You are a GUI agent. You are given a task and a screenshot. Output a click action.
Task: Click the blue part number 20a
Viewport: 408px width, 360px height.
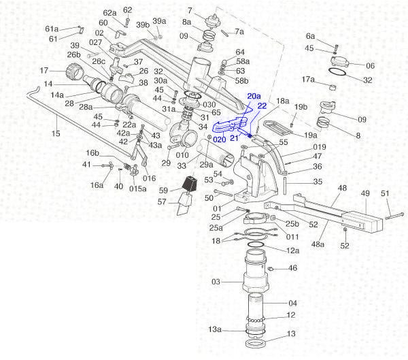[254, 97]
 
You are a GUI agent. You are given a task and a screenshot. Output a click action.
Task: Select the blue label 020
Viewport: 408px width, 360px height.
[219, 139]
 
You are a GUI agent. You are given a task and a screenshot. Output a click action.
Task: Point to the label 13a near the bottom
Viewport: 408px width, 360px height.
[215, 329]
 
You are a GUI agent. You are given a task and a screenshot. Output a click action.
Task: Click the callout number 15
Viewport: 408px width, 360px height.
[56, 133]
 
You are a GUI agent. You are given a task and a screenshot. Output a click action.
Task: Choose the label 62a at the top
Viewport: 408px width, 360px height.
[109, 13]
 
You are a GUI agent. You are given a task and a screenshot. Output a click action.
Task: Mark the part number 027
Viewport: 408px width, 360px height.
[95, 42]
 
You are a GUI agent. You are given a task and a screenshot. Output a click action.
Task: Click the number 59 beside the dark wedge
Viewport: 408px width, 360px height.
[163, 190]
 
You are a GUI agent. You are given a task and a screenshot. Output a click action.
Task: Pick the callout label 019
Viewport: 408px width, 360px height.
[301, 146]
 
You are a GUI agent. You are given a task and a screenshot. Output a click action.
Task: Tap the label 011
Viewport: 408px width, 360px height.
[292, 237]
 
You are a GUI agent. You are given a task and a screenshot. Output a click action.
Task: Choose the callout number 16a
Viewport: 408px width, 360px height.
[97, 185]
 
